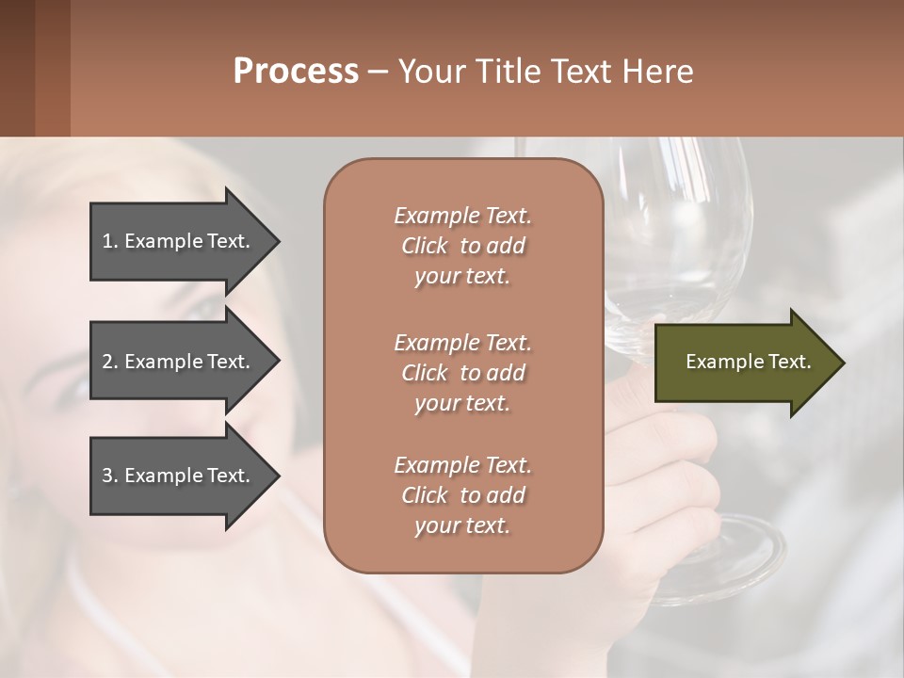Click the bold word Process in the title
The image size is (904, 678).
tap(296, 72)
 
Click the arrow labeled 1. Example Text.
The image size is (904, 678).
tap(179, 241)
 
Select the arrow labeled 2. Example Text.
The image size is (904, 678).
tap(179, 362)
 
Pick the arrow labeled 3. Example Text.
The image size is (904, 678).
tap(179, 476)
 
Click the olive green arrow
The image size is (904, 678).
tap(744, 363)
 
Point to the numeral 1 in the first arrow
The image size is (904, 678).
tap(107, 241)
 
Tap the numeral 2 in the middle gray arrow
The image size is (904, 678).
tap(107, 362)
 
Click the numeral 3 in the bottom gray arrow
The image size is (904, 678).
tap(107, 476)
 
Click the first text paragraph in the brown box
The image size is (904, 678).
tap(462, 246)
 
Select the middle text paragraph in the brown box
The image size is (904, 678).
tap(462, 373)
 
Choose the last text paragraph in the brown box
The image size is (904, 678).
tap(462, 495)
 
